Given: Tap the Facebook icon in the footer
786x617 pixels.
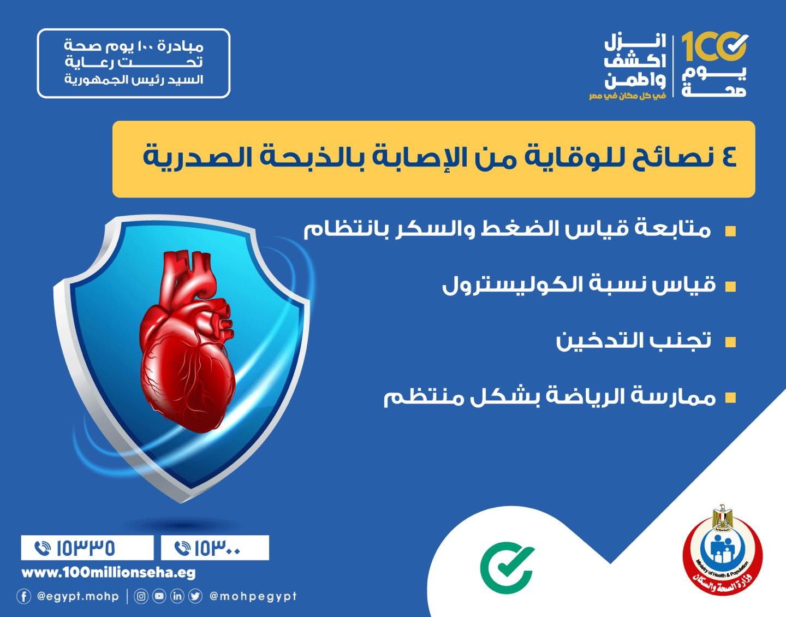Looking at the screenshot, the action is click(24, 596).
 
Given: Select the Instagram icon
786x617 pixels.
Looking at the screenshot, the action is click(141, 596).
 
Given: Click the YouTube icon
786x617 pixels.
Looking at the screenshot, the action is click(159, 596).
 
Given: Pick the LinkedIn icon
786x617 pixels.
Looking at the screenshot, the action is click(177, 596).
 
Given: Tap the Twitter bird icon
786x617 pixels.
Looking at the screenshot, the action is click(195, 596).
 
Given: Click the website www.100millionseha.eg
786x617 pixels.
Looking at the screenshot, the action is click(109, 573).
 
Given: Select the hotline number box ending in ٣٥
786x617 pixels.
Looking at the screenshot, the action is click(87, 548).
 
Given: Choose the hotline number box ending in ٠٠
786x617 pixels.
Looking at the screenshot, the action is click(215, 548).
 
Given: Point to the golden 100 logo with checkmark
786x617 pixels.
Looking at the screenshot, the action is click(714, 47).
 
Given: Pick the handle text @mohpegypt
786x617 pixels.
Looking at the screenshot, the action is click(253, 596).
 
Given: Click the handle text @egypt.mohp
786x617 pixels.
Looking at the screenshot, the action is click(78, 596).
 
